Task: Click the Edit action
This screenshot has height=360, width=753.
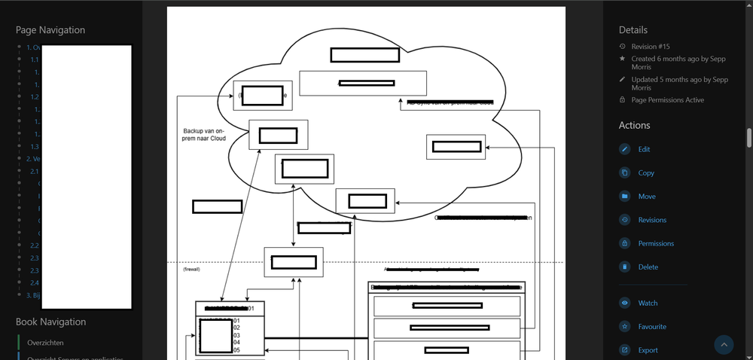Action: click(644, 149)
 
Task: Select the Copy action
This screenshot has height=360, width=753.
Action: click(645, 172)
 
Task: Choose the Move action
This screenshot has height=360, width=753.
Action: click(646, 197)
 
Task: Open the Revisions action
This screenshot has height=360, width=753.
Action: click(651, 220)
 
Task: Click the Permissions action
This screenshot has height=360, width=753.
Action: click(655, 243)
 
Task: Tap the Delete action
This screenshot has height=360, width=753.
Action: click(648, 267)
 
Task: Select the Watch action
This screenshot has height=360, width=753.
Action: click(648, 303)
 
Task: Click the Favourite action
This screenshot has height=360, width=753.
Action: click(651, 326)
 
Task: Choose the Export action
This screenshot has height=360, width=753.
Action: click(648, 349)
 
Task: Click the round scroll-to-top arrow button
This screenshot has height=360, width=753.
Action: click(724, 344)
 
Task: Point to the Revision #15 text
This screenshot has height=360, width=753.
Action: click(650, 47)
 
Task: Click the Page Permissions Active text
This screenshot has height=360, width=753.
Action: click(668, 99)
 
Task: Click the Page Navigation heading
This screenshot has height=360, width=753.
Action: click(50, 30)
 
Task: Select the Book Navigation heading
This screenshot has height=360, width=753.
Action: click(50, 322)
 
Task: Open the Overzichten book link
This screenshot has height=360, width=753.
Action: click(44, 342)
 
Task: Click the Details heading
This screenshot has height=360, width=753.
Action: click(633, 30)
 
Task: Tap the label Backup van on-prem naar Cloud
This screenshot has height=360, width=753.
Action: click(204, 134)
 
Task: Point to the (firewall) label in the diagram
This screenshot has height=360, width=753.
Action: click(191, 269)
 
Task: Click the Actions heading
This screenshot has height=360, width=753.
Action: click(634, 125)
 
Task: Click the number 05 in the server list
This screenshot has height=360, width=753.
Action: click(236, 349)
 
